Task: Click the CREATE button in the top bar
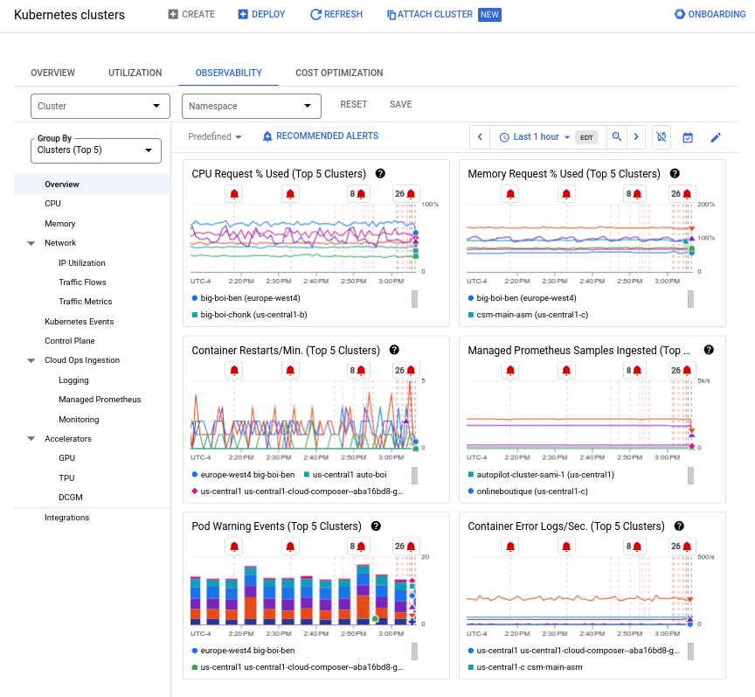click(191, 15)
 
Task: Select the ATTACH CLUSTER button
click(430, 15)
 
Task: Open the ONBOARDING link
click(710, 15)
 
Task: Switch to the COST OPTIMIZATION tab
click(339, 73)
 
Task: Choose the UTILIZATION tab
click(135, 73)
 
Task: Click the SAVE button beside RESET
click(400, 105)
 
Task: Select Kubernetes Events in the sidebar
click(79, 322)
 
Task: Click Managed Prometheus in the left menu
click(100, 400)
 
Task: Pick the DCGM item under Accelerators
click(70, 498)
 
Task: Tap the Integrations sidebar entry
click(67, 518)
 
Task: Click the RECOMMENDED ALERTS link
click(321, 136)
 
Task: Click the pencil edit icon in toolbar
click(716, 137)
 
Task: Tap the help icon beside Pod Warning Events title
click(376, 526)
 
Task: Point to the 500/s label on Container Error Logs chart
click(706, 557)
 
